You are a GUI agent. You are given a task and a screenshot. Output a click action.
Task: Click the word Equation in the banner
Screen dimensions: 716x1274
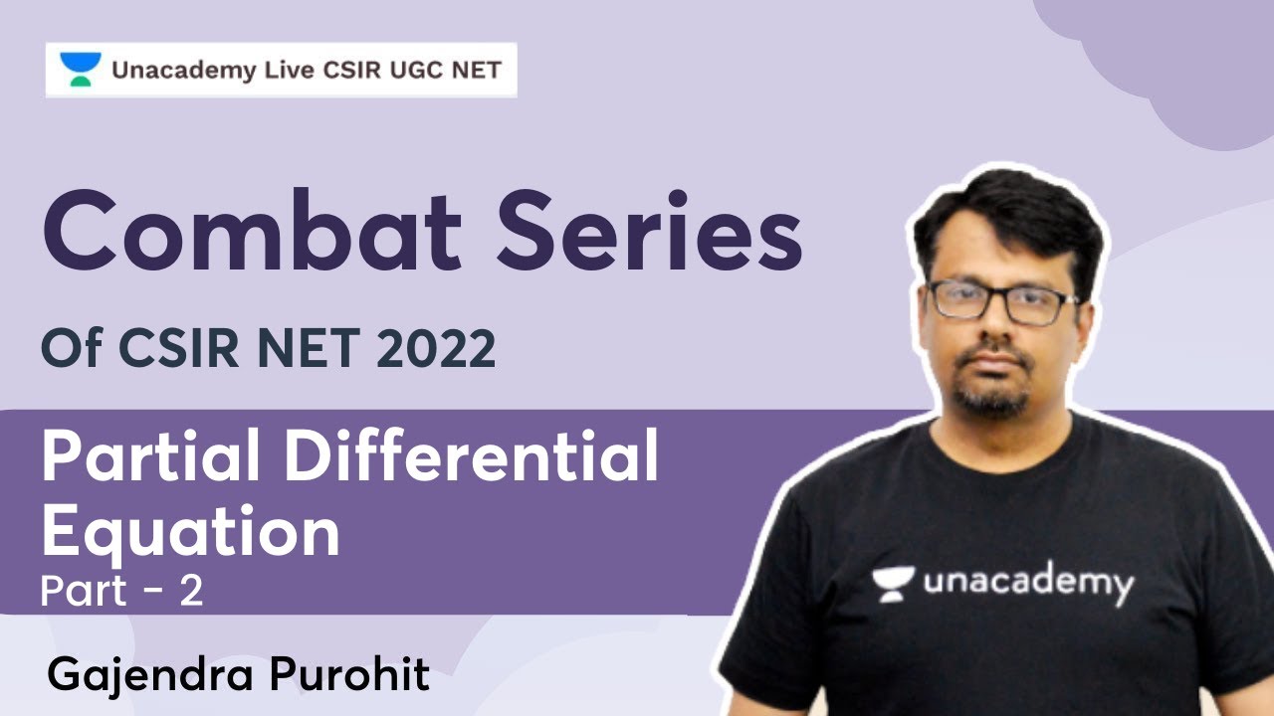pyautogui.click(x=190, y=531)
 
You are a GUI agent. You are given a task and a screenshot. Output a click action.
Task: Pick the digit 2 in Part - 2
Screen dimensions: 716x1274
pyautogui.click(x=192, y=592)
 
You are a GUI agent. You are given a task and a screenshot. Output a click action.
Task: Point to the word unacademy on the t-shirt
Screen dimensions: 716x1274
pyautogui.click(x=1028, y=583)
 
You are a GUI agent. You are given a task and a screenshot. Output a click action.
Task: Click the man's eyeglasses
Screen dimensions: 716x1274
pyautogui.click(x=1000, y=301)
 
